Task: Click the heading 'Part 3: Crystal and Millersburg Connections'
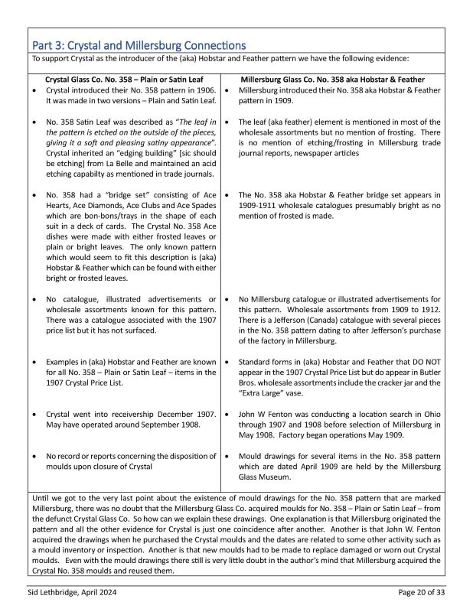137,45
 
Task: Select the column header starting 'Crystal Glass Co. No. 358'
125,79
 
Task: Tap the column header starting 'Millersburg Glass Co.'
332,79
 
